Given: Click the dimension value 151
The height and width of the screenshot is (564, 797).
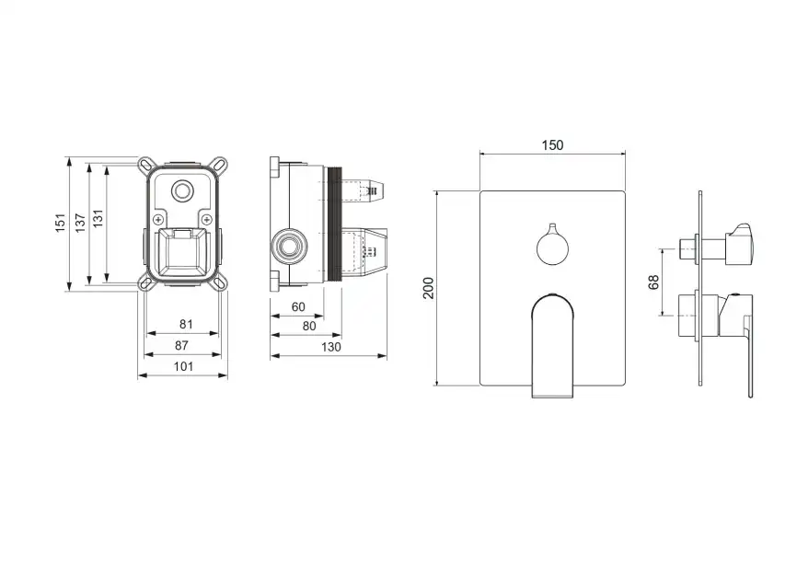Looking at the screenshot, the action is pyautogui.click(x=61, y=224).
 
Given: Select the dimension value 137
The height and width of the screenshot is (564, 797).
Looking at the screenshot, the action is pyautogui.click(x=80, y=223).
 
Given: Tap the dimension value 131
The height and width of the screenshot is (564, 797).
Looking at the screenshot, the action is pyautogui.click(x=98, y=218).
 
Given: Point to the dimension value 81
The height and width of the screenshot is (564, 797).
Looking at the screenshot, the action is pyautogui.click(x=186, y=324).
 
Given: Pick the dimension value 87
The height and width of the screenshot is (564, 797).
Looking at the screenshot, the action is pyautogui.click(x=181, y=345).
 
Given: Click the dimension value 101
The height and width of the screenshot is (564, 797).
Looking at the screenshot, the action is pyautogui.click(x=183, y=366).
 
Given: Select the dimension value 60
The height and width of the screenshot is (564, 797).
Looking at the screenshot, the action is pyautogui.click(x=298, y=307).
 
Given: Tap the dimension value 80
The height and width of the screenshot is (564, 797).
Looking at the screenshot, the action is pyautogui.click(x=309, y=327).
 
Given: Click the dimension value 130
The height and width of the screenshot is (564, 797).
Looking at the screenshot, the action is pyautogui.click(x=331, y=347).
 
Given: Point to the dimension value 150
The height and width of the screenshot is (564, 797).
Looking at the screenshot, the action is pyautogui.click(x=552, y=145).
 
